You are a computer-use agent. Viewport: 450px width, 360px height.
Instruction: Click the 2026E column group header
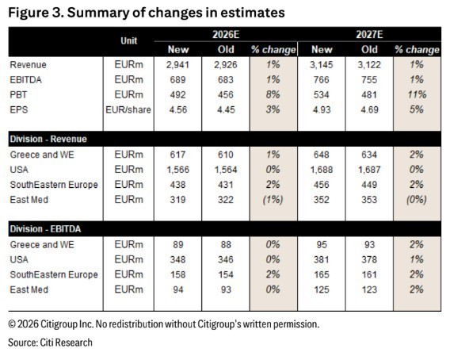coord(226,34)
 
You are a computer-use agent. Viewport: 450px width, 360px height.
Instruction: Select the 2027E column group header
coord(369,34)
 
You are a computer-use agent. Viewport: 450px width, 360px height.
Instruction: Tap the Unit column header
coord(129,40)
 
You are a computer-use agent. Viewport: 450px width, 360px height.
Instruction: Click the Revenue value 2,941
coord(177,65)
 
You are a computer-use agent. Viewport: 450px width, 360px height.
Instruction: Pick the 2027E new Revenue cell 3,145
coord(322,65)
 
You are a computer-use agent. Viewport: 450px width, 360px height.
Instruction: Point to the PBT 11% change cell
coord(417,94)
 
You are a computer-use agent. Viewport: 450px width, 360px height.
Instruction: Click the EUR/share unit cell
coord(128,109)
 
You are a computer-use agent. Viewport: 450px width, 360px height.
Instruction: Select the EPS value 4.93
coord(322,109)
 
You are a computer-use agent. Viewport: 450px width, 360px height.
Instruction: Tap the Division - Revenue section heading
coord(48,139)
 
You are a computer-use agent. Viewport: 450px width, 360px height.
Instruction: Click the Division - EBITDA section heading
coord(45,229)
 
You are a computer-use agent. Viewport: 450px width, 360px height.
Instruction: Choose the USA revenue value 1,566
coord(178,170)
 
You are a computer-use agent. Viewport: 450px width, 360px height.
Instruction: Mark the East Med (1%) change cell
coord(273,200)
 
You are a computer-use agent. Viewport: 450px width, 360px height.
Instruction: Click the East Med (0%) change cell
coord(417,200)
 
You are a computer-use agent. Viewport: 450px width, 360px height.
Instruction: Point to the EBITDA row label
coord(26,79)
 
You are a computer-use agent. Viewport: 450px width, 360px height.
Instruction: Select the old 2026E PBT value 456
coord(226,94)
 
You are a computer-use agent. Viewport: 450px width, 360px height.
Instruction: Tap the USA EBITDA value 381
coord(322,259)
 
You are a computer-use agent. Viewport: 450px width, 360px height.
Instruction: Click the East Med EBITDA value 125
coord(322,289)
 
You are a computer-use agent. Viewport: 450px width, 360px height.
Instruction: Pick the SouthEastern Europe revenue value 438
coord(177,185)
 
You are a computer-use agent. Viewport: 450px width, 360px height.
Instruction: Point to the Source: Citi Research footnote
coord(50,343)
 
